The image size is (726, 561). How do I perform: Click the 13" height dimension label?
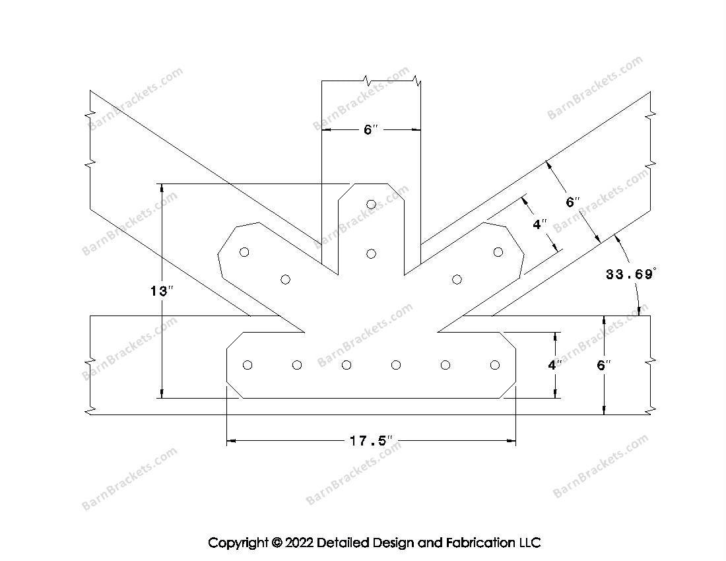[x=162, y=291]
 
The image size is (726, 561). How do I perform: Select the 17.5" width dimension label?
[x=372, y=441]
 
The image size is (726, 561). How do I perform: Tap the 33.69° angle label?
[x=630, y=275]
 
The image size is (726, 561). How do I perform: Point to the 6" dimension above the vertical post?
[x=371, y=129]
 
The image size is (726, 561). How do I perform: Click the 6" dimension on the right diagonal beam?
[x=573, y=202]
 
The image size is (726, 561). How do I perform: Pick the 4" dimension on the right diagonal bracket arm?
[x=540, y=224]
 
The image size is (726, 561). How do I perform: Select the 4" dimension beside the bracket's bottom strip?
[x=555, y=365]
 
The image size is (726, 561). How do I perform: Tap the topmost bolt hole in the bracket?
[x=371, y=204]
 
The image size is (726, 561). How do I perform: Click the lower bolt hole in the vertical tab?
[x=371, y=253]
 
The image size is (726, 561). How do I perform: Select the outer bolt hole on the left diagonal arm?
[x=244, y=252]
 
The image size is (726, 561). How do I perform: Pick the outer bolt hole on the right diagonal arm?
[x=498, y=252]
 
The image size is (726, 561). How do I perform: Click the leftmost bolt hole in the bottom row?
[x=247, y=365]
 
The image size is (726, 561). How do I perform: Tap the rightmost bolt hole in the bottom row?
[x=495, y=365]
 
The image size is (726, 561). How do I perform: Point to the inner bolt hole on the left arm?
[x=286, y=279]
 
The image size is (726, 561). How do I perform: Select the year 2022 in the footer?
[x=299, y=543]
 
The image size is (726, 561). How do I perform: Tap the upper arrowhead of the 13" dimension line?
[x=162, y=187]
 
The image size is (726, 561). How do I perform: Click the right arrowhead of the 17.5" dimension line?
[x=511, y=441]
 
